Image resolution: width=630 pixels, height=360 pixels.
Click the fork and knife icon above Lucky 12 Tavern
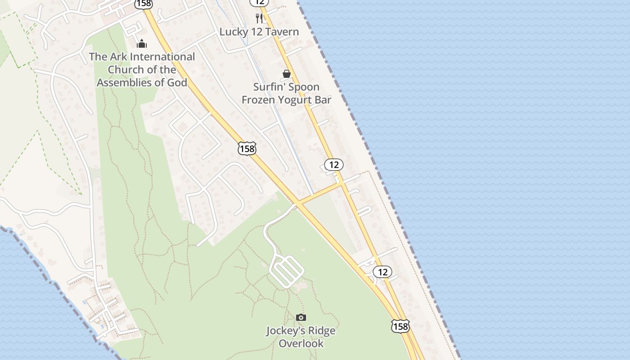click(x=259, y=18)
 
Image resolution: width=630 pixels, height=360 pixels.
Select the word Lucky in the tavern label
click(x=234, y=32)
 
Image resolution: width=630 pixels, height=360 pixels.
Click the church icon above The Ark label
click(x=142, y=44)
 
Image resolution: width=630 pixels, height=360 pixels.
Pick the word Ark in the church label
click(x=118, y=57)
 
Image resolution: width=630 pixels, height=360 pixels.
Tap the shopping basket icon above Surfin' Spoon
click(x=287, y=74)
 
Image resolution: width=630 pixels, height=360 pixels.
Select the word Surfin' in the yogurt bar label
click(x=269, y=87)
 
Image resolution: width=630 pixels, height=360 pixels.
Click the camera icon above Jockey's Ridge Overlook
click(x=301, y=318)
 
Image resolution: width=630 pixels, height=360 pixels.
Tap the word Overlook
click(x=301, y=343)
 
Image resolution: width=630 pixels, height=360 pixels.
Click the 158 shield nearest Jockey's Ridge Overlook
click(x=400, y=326)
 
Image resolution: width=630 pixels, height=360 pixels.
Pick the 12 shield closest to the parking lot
click(x=382, y=272)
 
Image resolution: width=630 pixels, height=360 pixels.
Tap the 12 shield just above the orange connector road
click(x=334, y=165)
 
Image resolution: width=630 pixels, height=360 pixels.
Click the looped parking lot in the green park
click(x=287, y=270)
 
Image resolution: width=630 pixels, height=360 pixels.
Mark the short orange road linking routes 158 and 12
click(x=320, y=193)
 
